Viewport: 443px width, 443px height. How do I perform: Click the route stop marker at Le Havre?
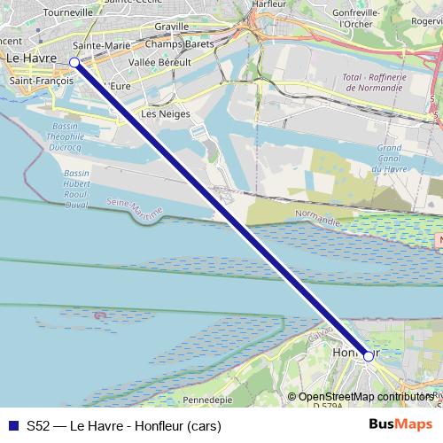pos(74,62)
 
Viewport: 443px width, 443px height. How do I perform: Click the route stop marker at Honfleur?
pos(369,356)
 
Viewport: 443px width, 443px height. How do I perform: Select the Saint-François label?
pos(41,81)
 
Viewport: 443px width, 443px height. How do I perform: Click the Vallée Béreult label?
pos(160,63)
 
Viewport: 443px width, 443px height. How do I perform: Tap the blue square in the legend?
pos(11,424)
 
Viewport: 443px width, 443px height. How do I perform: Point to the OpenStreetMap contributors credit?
pos(365,396)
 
